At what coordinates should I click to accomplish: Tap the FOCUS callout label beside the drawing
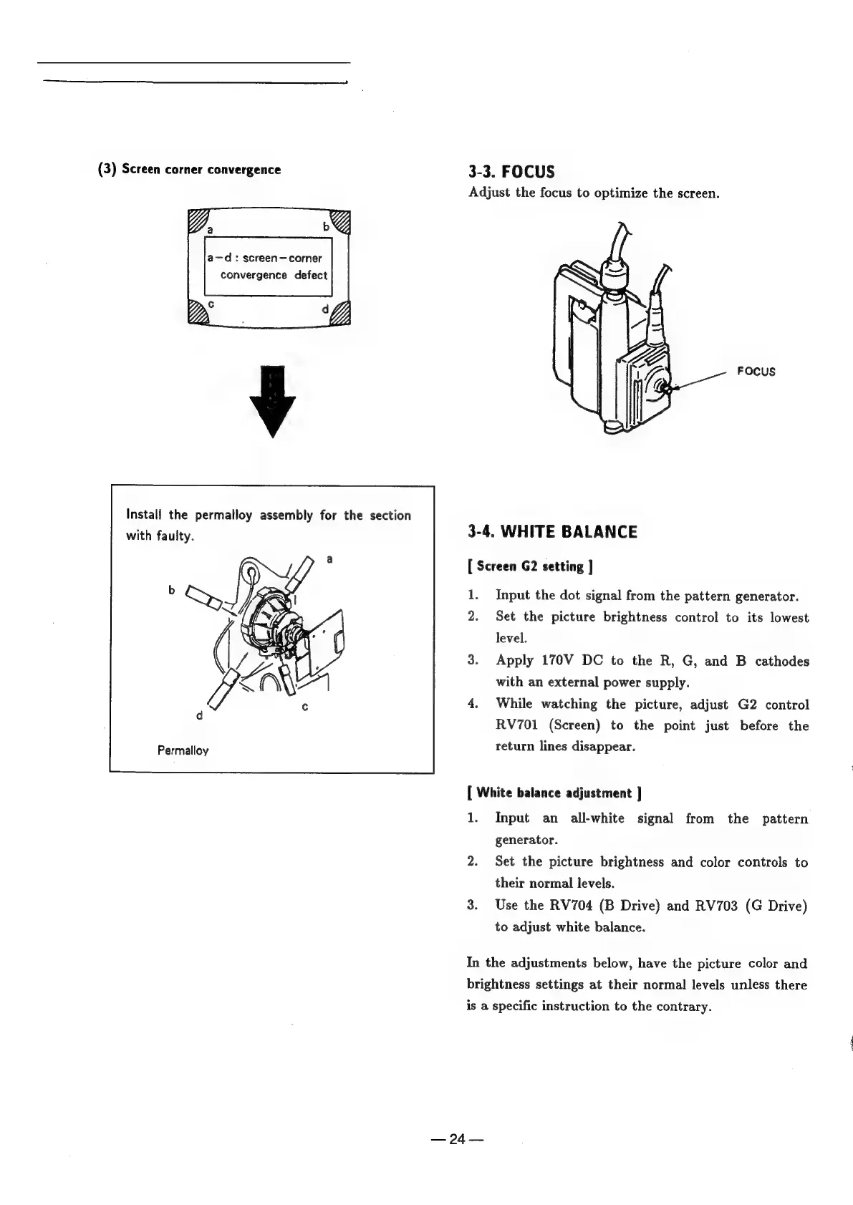coord(756,372)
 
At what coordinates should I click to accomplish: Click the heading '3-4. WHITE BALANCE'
coord(551,532)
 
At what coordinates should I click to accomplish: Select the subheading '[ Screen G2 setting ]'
coord(529,567)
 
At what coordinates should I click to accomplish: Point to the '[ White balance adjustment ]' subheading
coord(553,793)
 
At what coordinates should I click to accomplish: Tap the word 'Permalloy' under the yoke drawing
coord(183,751)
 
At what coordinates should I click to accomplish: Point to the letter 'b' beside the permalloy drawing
coord(171,590)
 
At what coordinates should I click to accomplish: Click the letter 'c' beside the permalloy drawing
coord(304,707)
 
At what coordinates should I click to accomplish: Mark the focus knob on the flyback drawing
coord(664,388)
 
